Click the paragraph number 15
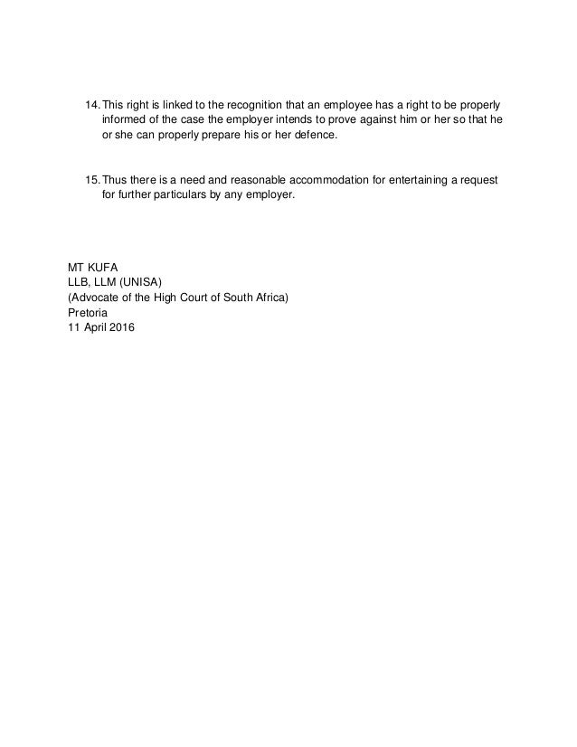click(90, 179)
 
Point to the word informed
click(127, 118)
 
